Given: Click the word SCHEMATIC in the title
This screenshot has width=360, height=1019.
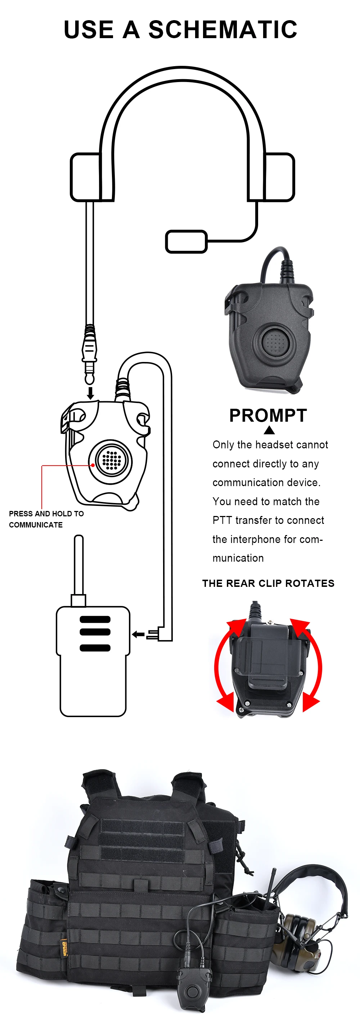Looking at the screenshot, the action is [223, 30].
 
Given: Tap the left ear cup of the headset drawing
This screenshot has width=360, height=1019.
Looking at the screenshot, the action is [85, 177].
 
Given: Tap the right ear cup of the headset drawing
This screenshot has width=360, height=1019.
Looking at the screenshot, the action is [279, 177].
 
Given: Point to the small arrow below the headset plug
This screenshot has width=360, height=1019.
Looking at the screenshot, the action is [91, 393].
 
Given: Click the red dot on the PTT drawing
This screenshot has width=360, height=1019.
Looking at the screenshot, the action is [93, 465].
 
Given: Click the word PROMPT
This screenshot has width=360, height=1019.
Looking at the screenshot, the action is [268, 415].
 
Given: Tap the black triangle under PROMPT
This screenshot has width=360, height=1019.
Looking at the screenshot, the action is [269, 430].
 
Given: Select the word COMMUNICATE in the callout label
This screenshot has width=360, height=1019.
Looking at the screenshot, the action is [36, 525].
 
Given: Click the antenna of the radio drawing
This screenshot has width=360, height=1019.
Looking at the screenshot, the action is [79, 565].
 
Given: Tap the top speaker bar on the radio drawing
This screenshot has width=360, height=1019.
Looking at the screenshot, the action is [95, 620].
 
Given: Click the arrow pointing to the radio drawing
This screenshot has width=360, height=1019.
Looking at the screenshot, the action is [138, 634].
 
